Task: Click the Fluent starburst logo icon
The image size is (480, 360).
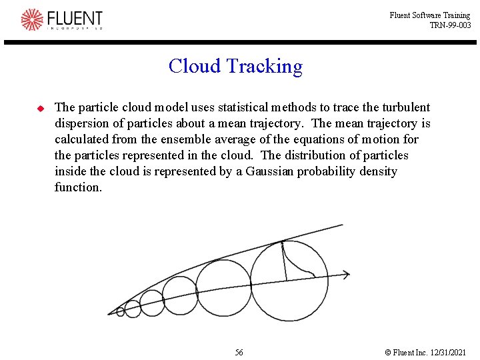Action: (32, 19)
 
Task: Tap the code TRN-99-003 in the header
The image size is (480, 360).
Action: (450, 25)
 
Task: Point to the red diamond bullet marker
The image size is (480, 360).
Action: (39, 107)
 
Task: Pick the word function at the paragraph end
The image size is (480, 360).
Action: (78, 187)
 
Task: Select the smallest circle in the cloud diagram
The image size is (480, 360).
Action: (121, 311)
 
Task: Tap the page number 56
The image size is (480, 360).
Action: (239, 352)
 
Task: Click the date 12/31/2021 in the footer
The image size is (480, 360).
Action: (450, 352)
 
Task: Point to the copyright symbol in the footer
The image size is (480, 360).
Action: (388, 352)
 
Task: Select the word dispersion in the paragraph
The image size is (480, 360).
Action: (83, 123)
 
